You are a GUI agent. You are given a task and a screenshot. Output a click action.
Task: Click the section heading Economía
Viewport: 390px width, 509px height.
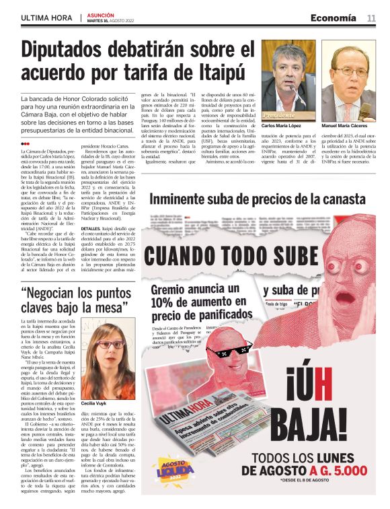click(334, 18)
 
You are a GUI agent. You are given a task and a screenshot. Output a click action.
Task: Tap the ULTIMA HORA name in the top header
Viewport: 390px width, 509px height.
click(46, 18)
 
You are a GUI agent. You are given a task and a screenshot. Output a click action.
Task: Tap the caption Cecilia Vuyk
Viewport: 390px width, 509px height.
click(94, 403)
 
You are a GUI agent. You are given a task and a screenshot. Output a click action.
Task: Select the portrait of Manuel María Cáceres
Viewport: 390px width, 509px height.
click(349, 80)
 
